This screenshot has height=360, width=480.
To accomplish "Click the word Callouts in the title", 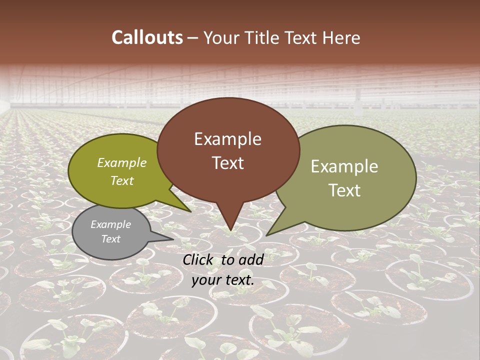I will (x=147, y=37).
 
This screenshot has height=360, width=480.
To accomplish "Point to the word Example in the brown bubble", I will (x=228, y=139).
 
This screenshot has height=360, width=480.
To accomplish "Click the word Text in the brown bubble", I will (x=228, y=163).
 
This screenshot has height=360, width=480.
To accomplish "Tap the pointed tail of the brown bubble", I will (x=230, y=227).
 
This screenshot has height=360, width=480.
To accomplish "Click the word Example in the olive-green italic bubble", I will (x=122, y=163).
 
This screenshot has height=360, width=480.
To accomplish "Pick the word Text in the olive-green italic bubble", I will (x=122, y=181).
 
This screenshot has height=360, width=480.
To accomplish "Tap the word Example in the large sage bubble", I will (x=344, y=166).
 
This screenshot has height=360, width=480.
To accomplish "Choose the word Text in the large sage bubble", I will (x=344, y=190).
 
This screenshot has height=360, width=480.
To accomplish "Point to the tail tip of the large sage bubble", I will (x=267, y=234).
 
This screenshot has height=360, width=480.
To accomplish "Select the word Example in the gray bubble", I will (x=111, y=224).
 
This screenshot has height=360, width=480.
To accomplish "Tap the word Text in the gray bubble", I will (x=111, y=239).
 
